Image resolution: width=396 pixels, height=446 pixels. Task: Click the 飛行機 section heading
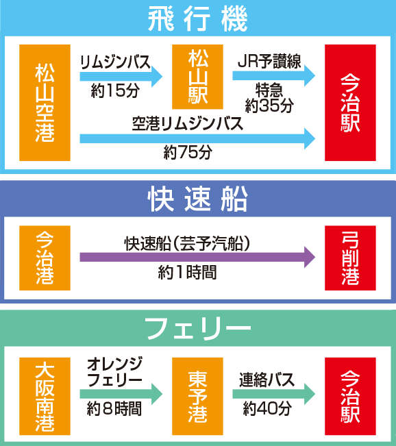coord(198,19)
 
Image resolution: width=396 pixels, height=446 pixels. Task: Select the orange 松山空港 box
coord(45,103)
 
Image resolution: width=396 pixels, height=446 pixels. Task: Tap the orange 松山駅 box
coord(197,77)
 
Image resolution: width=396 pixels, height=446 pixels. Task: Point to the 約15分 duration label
coord(115,91)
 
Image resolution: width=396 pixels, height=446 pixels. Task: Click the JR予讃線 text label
coord(269,62)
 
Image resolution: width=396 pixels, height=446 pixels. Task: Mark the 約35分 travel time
coord(269,106)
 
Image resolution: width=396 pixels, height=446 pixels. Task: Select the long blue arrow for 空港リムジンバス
coord(198,138)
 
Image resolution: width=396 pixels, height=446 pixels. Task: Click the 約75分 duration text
coord(188,152)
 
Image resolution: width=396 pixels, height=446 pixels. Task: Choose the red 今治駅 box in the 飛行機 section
coord(351,103)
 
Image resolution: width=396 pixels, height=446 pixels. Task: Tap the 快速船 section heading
coord(198,199)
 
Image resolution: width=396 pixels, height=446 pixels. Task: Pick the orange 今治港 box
coord(45,258)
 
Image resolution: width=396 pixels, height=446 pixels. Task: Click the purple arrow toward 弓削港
coord(198,257)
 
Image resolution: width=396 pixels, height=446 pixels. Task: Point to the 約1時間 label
coord(188,273)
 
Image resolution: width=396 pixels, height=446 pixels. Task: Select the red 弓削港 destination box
coord(351,258)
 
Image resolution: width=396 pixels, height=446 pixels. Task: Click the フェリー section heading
coord(198,329)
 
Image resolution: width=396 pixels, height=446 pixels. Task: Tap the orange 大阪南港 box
coord(45,396)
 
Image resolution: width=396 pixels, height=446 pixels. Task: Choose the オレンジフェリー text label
coord(114,372)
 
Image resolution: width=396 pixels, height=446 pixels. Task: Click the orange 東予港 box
coord(197,396)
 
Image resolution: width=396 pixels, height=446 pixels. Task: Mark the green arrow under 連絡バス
coord(274,394)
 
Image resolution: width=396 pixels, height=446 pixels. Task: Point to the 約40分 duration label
coord(267,409)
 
